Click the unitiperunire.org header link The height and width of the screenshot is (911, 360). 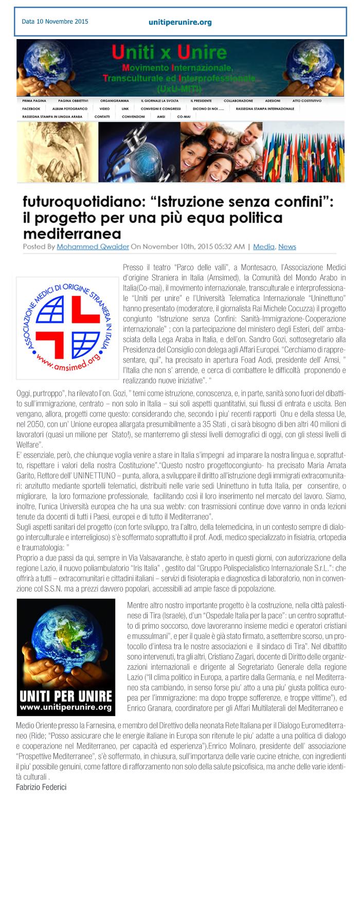[179, 22]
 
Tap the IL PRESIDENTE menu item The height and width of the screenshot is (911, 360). [201, 101]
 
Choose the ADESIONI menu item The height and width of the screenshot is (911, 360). [273, 101]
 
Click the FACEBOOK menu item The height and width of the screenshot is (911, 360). [31, 109]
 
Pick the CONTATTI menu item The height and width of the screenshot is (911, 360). [102, 117]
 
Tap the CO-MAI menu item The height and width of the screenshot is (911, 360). [184, 117]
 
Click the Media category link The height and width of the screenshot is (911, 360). [264, 246]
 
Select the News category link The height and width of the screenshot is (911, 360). [287, 246]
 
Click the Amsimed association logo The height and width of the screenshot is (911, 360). [68, 328]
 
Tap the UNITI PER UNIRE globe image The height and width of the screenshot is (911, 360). [66, 657]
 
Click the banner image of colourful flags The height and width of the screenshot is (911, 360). [303, 153]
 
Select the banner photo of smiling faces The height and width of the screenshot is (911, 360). [221, 153]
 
